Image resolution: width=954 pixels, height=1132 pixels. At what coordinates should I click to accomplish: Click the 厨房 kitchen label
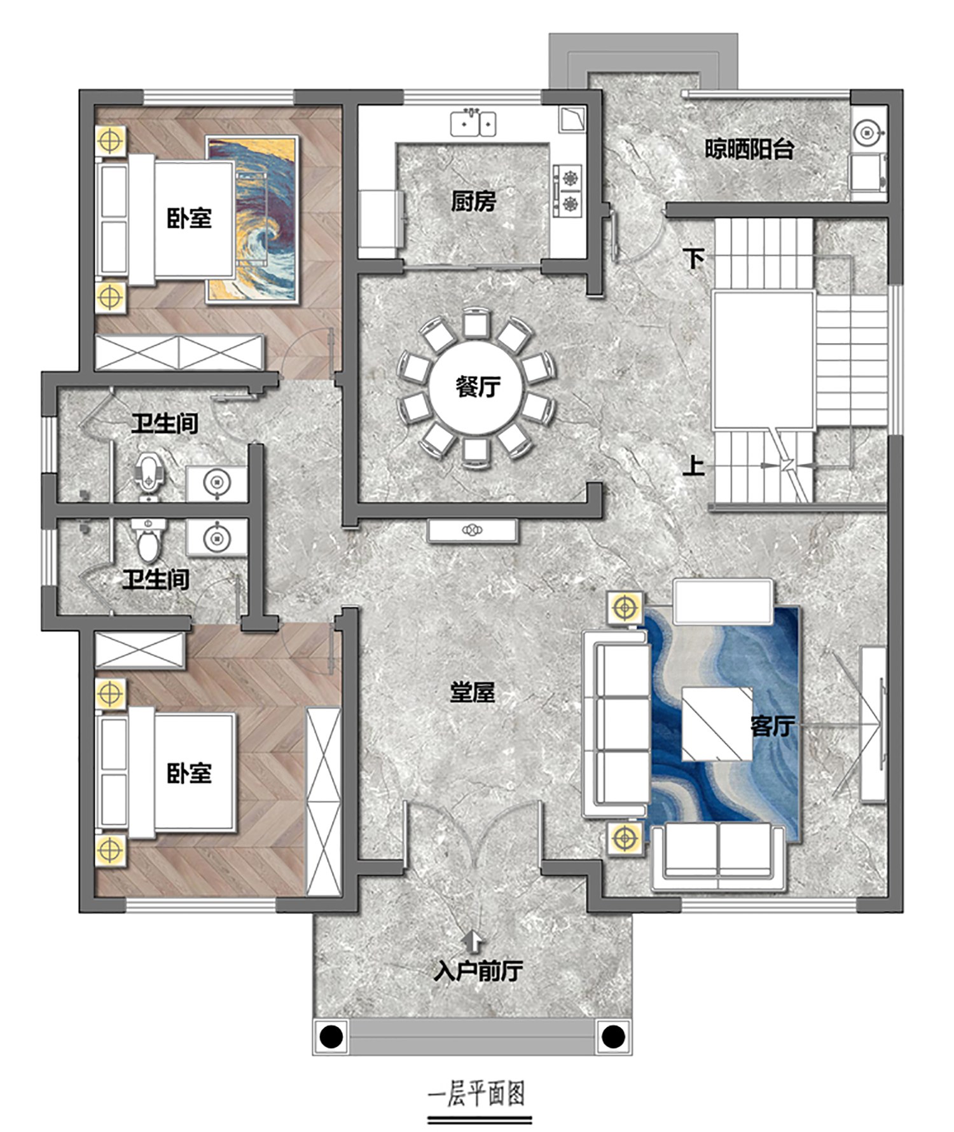[x=473, y=201]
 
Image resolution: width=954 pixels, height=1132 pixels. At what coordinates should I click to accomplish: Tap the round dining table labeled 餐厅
[x=476, y=386]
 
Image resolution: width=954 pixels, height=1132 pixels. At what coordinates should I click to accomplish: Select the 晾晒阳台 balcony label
[x=749, y=149]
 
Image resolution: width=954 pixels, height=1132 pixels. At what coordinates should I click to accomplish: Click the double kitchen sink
[x=473, y=123]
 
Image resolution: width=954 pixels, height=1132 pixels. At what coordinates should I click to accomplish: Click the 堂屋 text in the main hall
[x=473, y=692]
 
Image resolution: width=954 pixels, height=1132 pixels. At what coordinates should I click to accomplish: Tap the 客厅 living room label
[x=772, y=725]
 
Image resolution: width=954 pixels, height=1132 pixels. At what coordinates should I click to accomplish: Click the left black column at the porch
[x=331, y=1037]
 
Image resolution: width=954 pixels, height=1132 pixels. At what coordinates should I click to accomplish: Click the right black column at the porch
[x=613, y=1037]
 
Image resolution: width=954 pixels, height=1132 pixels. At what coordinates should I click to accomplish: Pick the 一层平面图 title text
[x=476, y=1094]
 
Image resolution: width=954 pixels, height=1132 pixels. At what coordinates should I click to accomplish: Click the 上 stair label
[x=694, y=466]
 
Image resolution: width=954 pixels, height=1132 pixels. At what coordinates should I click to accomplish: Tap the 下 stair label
[x=694, y=258]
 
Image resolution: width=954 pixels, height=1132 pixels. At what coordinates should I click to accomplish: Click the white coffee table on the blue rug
[x=717, y=724]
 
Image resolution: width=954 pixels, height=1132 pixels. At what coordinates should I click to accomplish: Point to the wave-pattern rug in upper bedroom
[x=252, y=219]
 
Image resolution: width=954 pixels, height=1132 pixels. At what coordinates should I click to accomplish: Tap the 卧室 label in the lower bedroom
[x=189, y=773]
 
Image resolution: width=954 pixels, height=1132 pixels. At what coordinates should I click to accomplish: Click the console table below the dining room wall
[x=473, y=531]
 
